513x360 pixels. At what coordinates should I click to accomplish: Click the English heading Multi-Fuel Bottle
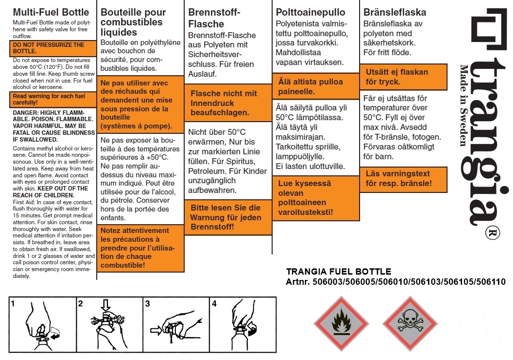pyautogui.click(x=51, y=12)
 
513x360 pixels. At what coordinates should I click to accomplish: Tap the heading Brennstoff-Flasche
pyautogui.click(x=214, y=18)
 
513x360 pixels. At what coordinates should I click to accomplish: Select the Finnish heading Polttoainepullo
pyautogui.click(x=310, y=12)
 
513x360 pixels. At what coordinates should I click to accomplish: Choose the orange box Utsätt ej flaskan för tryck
pyautogui.click(x=404, y=77)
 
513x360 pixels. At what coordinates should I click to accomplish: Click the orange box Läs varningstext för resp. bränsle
pyautogui.click(x=404, y=178)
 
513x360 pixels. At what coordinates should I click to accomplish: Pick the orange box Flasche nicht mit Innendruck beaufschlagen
pyautogui.click(x=228, y=103)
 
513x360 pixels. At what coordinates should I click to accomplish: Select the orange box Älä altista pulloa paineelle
pyautogui.click(x=316, y=86)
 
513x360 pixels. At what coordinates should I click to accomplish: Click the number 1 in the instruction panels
pyautogui.click(x=13, y=303)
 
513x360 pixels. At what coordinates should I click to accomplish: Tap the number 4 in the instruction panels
pyautogui.click(x=214, y=303)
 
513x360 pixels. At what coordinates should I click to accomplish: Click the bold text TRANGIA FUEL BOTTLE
pyautogui.click(x=338, y=272)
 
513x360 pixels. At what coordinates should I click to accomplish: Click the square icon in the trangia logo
pyautogui.click(x=489, y=29)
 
